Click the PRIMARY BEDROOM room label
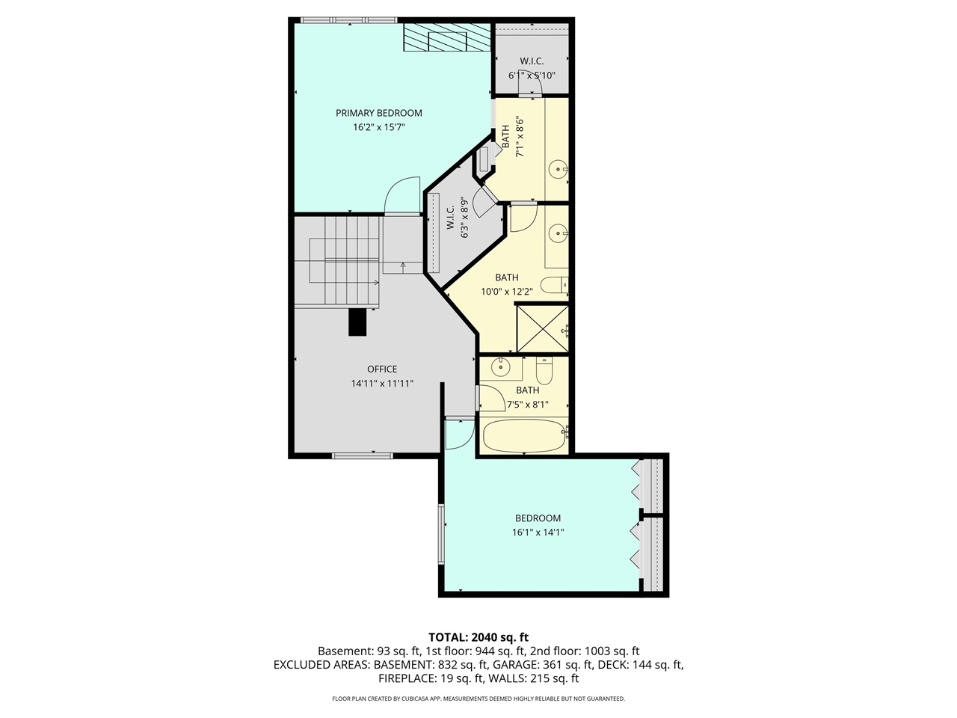point(378,113)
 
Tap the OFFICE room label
point(382,369)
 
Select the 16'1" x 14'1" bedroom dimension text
point(538,533)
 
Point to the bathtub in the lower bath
point(523,436)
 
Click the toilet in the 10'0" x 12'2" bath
point(554,285)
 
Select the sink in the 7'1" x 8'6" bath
point(558,170)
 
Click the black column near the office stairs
point(358,322)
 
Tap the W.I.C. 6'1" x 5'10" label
point(532,68)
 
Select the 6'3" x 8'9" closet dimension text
point(465,218)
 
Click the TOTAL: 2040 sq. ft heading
point(478,637)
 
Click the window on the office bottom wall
point(362,455)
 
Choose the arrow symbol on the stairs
point(403,265)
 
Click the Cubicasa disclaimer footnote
point(478,699)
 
